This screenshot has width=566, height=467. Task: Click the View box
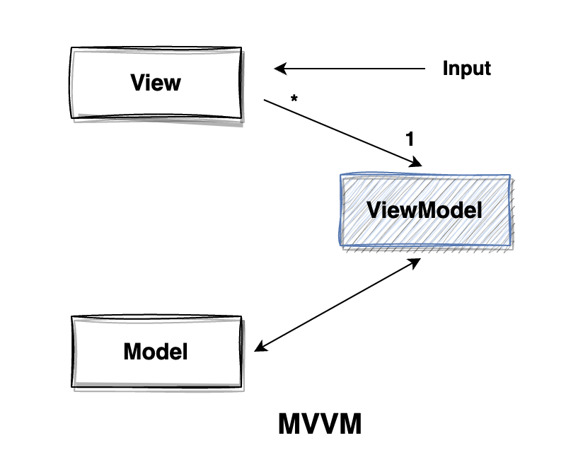(x=156, y=83)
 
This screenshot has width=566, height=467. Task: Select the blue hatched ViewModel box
(x=425, y=210)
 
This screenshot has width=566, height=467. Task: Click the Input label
(x=466, y=69)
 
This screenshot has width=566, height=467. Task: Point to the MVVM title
(x=320, y=425)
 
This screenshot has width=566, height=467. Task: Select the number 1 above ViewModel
(x=410, y=139)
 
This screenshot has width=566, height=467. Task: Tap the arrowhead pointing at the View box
(x=279, y=69)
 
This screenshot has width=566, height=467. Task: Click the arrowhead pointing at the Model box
(x=260, y=347)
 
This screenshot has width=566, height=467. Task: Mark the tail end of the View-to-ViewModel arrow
(x=266, y=100)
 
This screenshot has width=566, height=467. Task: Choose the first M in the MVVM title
(x=289, y=425)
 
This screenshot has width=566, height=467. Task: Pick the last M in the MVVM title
(x=350, y=425)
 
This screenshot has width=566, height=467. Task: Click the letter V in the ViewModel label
(x=372, y=210)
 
